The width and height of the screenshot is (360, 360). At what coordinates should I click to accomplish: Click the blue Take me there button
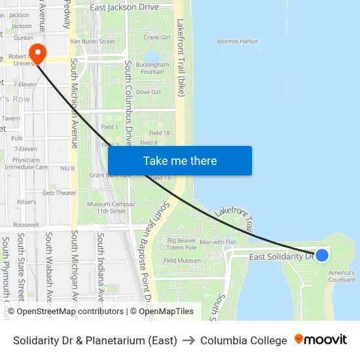coord(179,161)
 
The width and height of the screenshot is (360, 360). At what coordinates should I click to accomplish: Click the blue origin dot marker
coord(321,255)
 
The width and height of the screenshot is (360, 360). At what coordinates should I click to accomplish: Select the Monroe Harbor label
coord(238,41)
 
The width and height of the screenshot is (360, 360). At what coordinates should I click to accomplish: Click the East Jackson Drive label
coord(124,7)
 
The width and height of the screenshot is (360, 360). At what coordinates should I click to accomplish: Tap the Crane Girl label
coord(156,37)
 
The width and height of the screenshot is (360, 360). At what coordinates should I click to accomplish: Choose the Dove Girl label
coord(148,92)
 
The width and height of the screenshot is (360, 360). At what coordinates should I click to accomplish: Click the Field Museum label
coord(182,261)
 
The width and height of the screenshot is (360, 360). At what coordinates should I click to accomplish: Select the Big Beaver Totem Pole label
coord(181,244)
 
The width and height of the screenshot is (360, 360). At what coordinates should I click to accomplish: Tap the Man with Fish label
coord(218,242)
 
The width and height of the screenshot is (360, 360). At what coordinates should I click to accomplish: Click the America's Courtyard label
coord(342,276)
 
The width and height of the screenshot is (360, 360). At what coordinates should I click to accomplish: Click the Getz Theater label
coord(60,193)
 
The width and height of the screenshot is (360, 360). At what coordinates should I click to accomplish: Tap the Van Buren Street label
coord(92,41)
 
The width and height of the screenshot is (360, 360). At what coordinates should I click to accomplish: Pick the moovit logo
coord(321,340)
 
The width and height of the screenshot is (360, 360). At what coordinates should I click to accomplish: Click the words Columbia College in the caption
coord(243,340)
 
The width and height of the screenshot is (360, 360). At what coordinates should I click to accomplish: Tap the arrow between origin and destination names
coord(189,340)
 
